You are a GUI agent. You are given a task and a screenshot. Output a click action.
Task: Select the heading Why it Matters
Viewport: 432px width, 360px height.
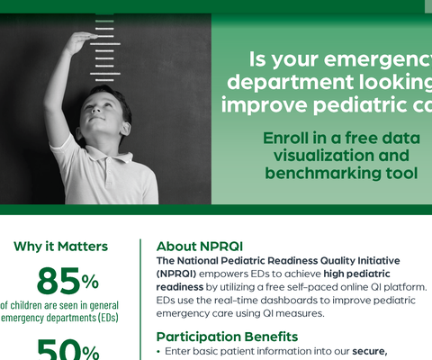coord(60,247)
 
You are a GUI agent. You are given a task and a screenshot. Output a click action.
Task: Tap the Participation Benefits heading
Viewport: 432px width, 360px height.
coord(230,337)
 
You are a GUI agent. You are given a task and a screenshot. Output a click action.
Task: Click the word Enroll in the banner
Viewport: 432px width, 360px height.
coord(287,139)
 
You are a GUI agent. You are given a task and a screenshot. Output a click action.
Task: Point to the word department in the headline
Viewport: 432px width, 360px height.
coord(281,82)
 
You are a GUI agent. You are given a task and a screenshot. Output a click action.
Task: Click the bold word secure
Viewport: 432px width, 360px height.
coord(364,351)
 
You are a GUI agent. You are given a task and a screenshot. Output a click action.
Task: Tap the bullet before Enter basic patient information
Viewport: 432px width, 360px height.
coord(159,351)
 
